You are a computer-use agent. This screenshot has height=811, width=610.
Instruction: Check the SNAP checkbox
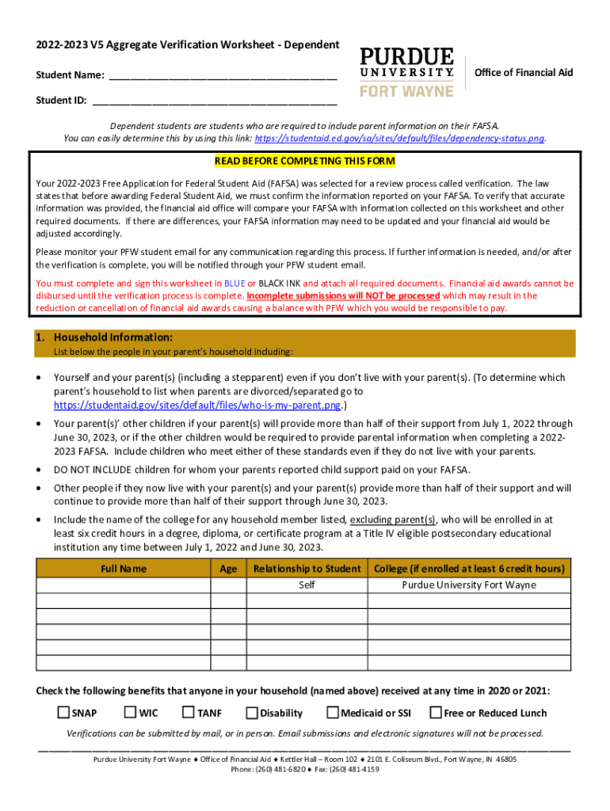coord(63,713)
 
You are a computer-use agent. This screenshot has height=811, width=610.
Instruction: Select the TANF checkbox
coord(189,713)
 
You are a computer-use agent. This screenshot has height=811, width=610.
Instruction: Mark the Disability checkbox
coord(252,713)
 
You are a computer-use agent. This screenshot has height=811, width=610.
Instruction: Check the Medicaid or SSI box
coord(333,713)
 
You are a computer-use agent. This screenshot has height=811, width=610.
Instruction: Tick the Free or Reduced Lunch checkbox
coord(436,713)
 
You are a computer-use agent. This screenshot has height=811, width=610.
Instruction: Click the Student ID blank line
coord(214,101)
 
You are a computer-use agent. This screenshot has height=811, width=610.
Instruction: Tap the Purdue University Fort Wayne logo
coord(407,72)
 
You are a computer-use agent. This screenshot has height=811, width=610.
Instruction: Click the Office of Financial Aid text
coord(523,73)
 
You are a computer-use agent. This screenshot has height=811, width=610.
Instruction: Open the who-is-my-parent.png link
coord(196,405)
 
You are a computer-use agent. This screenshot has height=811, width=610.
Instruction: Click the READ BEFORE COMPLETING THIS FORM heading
coord(304,162)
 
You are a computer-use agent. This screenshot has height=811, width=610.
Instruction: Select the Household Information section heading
coord(112,337)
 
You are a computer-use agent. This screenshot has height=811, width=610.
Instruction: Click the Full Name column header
coord(124,569)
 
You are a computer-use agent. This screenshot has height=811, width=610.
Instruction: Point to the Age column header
coord(228,569)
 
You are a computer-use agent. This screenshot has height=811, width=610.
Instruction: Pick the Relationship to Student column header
coord(307,569)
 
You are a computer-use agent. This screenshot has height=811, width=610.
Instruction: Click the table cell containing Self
coord(307,585)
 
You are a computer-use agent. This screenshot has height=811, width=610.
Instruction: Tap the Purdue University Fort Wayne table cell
coord(469,585)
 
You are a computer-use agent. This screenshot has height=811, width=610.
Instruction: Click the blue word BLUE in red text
coord(234,283)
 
